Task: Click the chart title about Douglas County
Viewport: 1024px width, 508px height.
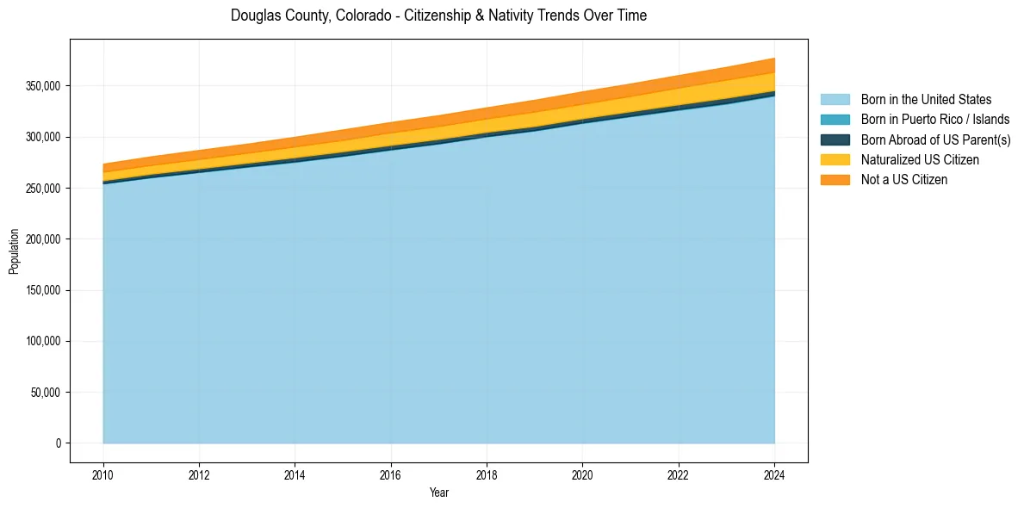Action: click(x=438, y=15)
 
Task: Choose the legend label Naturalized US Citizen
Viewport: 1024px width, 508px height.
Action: click(x=920, y=160)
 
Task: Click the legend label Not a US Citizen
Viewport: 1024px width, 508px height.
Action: click(x=904, y=180)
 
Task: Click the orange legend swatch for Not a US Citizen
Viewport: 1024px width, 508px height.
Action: click(x=835, y=180)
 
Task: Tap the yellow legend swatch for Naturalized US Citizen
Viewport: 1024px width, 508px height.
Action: click(x=835, y=160)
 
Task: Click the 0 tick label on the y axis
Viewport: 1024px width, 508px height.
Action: click(x=59, y=443)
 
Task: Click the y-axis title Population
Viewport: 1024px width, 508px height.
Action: click(x=14, y=251)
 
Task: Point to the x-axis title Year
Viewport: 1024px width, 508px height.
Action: click(x=438, y=493)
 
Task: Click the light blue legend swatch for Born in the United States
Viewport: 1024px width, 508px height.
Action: click(x=835, y=100)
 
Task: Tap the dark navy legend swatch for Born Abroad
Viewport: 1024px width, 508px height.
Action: click(x=835, y=139)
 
